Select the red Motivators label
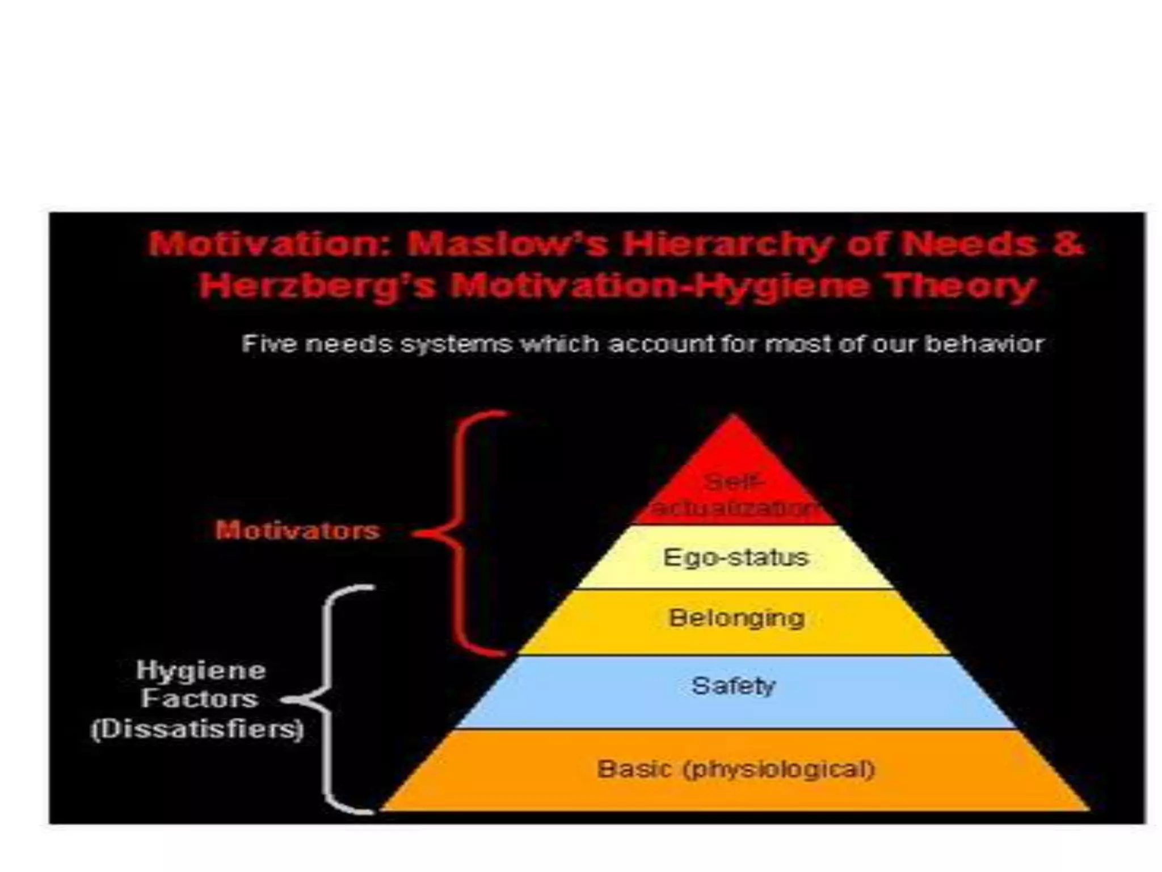[297, 531]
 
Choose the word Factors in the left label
[200, 699]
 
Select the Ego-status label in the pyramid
[736, 557]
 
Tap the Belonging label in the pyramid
[736, 618]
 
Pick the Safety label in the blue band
[733, 686]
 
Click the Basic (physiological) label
[736, 770]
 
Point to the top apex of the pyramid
[734, 417]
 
